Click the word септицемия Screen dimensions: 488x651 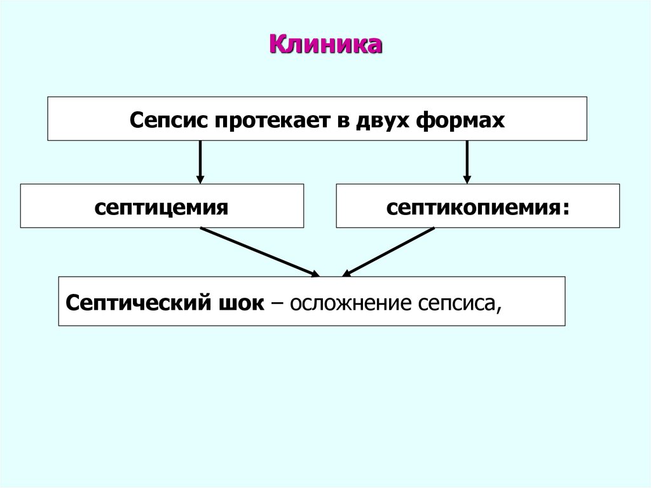pos(161,207)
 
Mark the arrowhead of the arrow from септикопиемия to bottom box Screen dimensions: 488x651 pos(347,274)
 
